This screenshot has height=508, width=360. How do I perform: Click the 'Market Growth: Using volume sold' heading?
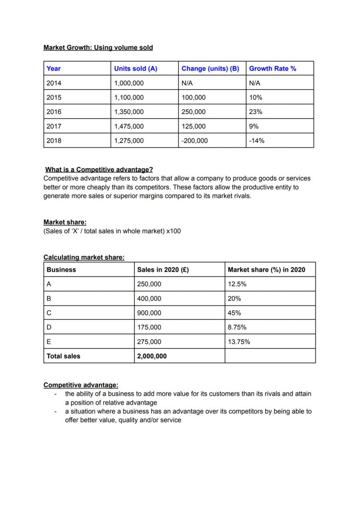pyautogui.click(x=98, y=47)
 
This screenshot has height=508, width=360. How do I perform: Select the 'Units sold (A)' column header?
pyautogui.click(x=135, y=69)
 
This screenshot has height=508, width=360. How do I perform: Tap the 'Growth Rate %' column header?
pyautogui.click(x=273, y=69)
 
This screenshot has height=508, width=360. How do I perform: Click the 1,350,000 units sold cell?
pyautogui.click(x=129, y=112)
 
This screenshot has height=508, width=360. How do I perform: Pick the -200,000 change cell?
pyautogui.click(x=195, y=140)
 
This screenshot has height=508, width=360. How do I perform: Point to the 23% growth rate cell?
pyautogui.click(x=256, y=112)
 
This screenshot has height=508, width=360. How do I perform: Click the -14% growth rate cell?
pyautogui.click(x=257, y=140)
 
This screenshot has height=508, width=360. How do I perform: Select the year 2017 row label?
pyautogui.click(x=54, y=126)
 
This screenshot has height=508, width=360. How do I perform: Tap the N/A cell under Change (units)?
pyautogui.click(x=187, y=83)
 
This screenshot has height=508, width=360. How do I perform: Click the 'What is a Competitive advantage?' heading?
pyautogui.click(x=99, y=169)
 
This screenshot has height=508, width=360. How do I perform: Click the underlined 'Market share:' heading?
pyautogui.click(x=65, y=222)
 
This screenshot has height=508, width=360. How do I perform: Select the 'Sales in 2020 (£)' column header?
pyautogui.click(x=163, y=269)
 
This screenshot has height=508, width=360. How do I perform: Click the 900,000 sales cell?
pyautogui.click(x=149, y=313)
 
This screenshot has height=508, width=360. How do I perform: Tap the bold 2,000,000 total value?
pyautogui.click(x=152, y=356)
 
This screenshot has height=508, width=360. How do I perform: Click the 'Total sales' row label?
pyautogui.click(x=63, y=356)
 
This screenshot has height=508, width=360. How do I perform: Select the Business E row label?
pyautogui.click(x=49, y=342)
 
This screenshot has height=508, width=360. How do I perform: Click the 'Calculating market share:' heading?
pyautogui.click(x=84, y=257)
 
